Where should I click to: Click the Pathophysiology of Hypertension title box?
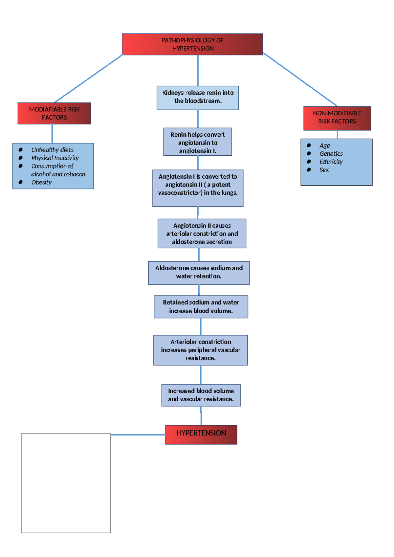pyautogui.click(x=192, y=44)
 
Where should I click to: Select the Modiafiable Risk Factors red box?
pyautogui.click(x=54, y=113)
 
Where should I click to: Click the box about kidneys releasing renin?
pyautogui.click(x=198, y=98)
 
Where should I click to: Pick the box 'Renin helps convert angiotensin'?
pyautogui.click(x=198, y=142)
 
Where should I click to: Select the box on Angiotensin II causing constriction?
pyautogui.click(x=202, y=234)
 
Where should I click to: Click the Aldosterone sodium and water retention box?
pyautogui.click(x=199, y=273)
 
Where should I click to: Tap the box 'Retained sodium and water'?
pyautogui.click(x=201, y=307)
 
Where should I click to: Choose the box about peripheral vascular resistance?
pyautogui.click(x=201, y=350)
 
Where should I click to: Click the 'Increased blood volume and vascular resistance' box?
pyautogui.click(x=201, y=395)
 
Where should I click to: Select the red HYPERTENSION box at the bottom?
pyautogui.click(x=201, y=434)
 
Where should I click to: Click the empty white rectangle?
pyautogui.click(x=66, y=483)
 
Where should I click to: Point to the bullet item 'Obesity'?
pyautogui.click(x=42, y=182)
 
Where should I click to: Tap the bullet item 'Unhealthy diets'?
pyautogui.click(x=52, y=150)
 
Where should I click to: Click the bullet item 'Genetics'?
pyautogui.click(x=331, y=154)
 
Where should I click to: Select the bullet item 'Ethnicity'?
pyautogui.click(x=331, y=162)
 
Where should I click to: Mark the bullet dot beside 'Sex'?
pyautogui.click(x=309, y=170)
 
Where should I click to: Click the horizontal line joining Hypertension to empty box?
pyautogui.click(x=138, y=434)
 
